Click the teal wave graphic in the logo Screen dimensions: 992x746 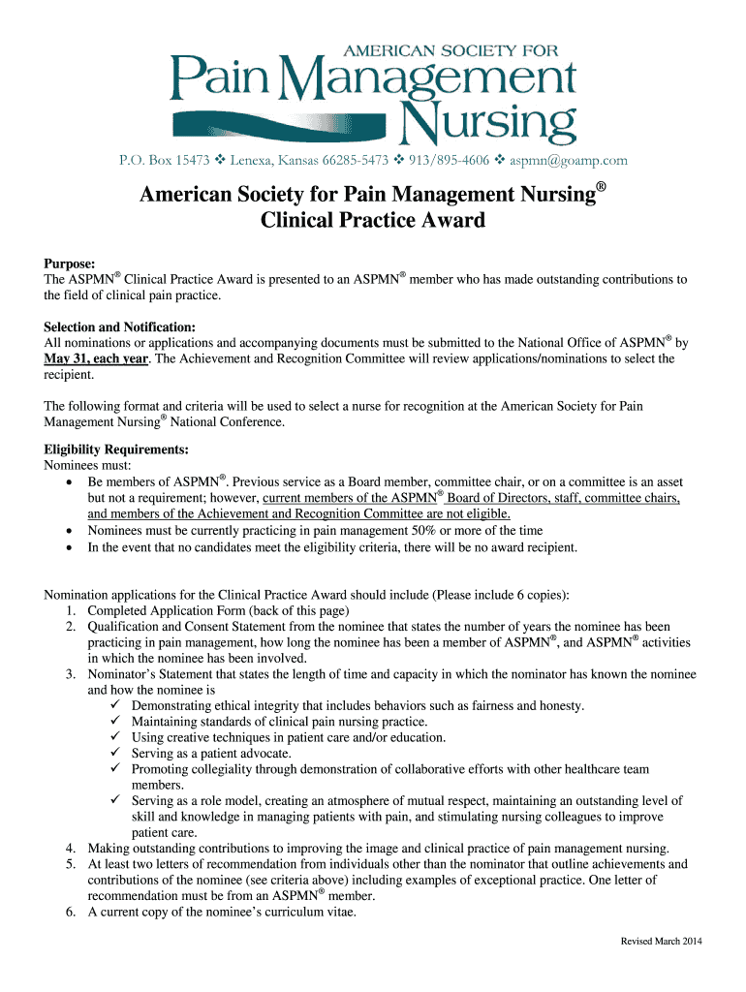[281, 124]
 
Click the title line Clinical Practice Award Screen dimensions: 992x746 [373, 220]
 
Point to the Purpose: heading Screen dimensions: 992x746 [70, 264]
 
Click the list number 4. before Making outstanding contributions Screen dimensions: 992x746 [72, 848]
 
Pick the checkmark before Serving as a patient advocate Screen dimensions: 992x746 [114, 753]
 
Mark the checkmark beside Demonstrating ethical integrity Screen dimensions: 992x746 [114, 706]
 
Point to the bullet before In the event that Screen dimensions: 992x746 [68, 546]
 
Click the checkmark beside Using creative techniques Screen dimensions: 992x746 [114, 737]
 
